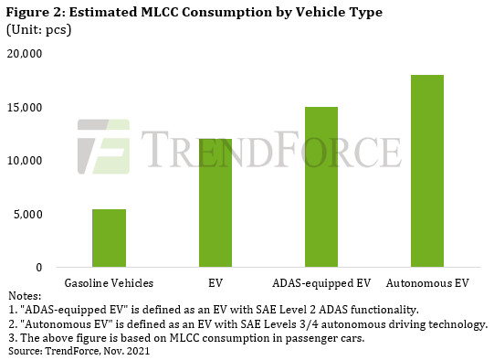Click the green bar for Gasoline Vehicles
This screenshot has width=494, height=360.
coord(110,238)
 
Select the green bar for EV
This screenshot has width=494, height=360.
coord(215,216)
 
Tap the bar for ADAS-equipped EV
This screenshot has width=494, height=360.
coord(321,187)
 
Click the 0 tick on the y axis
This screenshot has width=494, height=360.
coord(39,268)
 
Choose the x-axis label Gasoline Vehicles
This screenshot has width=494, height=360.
coord(109,282)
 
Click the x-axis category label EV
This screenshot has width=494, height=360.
coord(215,282)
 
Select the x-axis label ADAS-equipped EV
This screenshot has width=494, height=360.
coord(321,282)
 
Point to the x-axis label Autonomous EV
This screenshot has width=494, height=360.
coord(426,282)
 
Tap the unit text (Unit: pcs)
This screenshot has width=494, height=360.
coord(40,29)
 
